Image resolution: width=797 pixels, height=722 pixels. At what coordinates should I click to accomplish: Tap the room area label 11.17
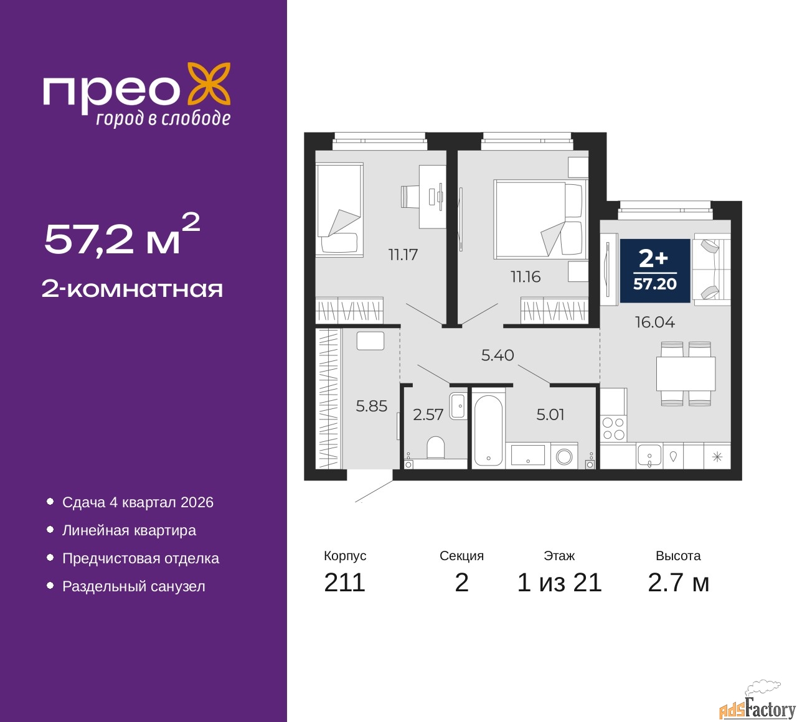[x=403, y=255]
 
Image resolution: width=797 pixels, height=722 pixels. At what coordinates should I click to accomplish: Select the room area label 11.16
[x=526, y=277]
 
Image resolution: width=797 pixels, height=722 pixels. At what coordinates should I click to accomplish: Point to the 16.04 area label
[x=655, y=322]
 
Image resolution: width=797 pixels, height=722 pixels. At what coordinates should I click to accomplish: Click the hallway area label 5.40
[x=498, y=355]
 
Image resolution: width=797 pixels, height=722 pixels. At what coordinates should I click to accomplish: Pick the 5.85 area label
[x=371, y=406]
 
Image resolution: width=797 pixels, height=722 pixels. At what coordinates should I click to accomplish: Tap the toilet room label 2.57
[x=428, y=415]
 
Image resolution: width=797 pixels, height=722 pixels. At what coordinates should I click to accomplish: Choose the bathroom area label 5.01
[x=550, y=415]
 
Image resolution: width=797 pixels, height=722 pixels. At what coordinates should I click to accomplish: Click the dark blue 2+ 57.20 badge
[x=655, y=271]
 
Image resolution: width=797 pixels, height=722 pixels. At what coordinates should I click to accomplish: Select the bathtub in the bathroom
[x=488, y=429]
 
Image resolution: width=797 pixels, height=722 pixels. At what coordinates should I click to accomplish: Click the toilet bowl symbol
[x=435, y=448]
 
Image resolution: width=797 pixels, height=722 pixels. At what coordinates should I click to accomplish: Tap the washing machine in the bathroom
[x=564, y=456]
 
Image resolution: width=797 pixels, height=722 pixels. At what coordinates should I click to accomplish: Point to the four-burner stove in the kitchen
[x=613, y=428]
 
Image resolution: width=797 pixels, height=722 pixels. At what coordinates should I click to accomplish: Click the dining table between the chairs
[x=686, y=373]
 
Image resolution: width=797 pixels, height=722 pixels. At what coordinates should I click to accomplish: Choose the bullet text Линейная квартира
[x=129, y=530]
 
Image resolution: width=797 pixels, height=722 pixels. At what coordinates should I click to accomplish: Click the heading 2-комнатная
[x=132, y=289]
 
